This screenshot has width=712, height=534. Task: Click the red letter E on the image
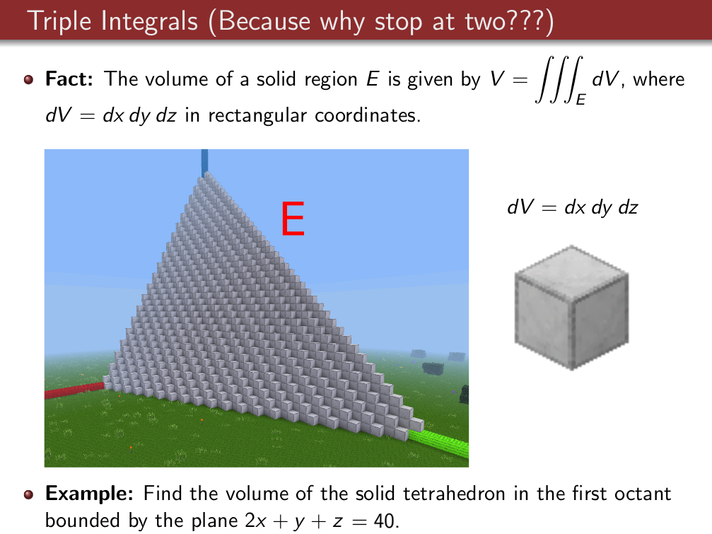tap(293, 219)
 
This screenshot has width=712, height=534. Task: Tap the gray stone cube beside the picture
tap(572, 308)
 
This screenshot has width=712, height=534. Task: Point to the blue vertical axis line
tap(205, 163)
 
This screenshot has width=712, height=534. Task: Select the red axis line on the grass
tap(74, 390)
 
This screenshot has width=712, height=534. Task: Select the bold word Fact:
tap(69, 79)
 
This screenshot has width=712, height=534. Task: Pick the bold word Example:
tap(89, 494)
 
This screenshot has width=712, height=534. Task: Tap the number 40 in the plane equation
tap(385, 521)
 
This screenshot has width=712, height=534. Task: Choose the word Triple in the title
tap(59, 22)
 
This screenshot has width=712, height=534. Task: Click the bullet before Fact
tap(28, 79)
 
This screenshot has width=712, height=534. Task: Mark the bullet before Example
tap(28, 494)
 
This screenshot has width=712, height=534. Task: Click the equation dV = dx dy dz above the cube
tap(573, 207)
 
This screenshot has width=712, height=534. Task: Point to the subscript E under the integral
tap(580, 100)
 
